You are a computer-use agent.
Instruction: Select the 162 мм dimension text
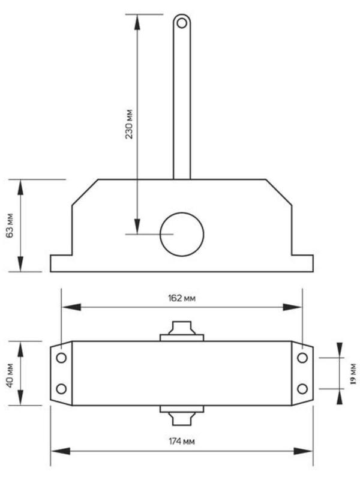(182, 298)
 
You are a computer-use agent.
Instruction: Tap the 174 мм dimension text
(182, 441)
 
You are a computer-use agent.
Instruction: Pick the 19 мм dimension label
(353, 373)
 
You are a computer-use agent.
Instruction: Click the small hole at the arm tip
(182, 23)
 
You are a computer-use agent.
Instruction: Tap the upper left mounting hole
(61, 358)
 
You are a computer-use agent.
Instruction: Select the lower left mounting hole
(61, 388)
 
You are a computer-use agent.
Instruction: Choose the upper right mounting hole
(302, 358)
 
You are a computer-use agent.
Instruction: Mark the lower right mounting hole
(302, 388)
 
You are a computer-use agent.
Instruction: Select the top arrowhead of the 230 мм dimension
(138, 22)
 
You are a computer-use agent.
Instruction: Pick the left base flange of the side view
(61, 263)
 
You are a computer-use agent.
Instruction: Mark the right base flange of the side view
(302, 263)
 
